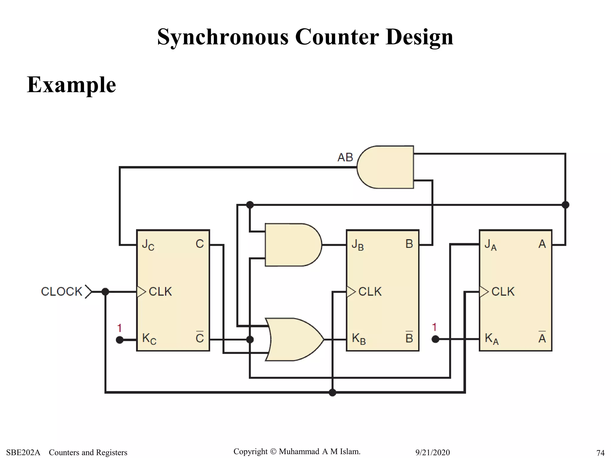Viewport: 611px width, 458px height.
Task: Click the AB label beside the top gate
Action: pyautogui.click(x=345, y=157)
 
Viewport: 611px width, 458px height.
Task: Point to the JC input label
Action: pyautogui.click(x=148, y=245)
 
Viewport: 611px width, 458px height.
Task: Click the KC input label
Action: pyautogui.click(x=149, y=339)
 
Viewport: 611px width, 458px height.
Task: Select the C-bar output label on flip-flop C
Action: pyautogui.click(x=200, y=338)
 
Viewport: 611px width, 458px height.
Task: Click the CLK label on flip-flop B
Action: pyautogui.click(x=370, y=292)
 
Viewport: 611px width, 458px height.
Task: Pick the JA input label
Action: pyautogui.click(x=490, y=245)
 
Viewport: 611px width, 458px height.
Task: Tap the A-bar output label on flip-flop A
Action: pyautogui.click(x=542, y=338)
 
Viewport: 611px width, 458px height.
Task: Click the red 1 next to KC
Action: pyautogui.click(x=119, y=328)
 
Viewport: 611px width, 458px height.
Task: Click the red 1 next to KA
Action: pyautogui.click(x=434, y=327)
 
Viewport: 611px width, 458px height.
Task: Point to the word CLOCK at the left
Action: pyautogui.click(x=61, y=292)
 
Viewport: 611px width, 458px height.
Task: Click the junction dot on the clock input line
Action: pyautogui.click(x=105, y=292)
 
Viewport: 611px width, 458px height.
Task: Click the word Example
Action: pyautogui.click(x=71, y=85)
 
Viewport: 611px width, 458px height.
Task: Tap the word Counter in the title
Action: pyautogui.click(x=337, y=37)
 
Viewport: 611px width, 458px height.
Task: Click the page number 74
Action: pyautogui.click(x=600, y=453)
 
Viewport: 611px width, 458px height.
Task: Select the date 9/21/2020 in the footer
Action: pyautogui.click(x=432, y=453)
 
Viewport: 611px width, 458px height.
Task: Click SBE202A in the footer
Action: pyautogui.click(x=23, y=453)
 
